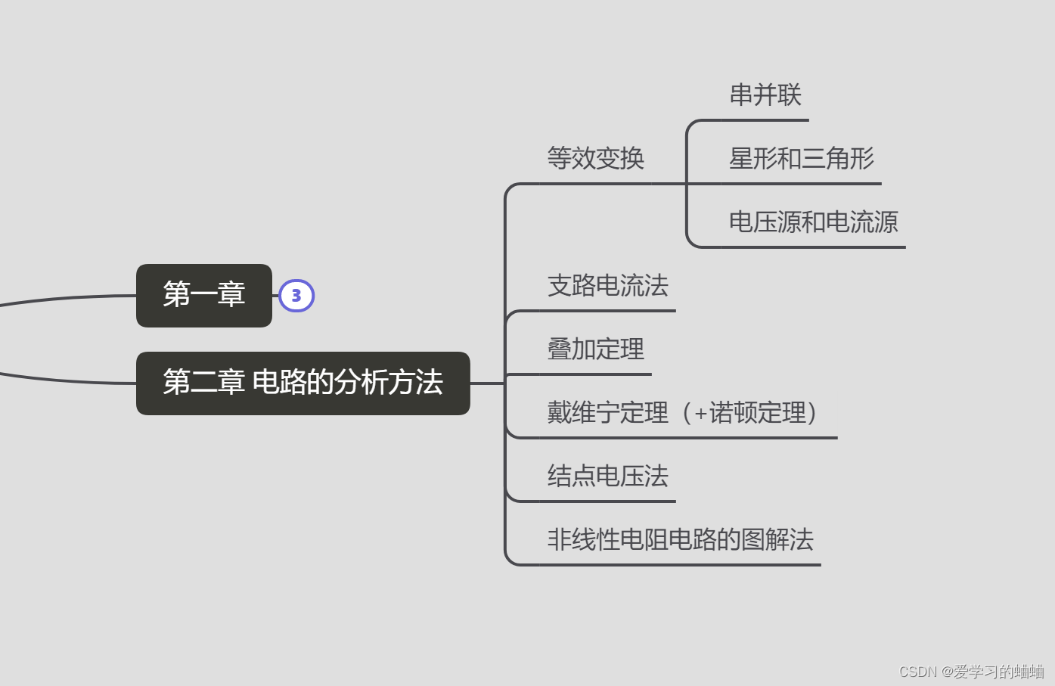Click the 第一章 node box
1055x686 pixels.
(x=204, y=295)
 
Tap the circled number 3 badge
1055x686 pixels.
(x=296, y=296)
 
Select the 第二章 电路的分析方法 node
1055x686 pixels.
(x=303, y=383)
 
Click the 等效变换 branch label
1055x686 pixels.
(x=596, y=159)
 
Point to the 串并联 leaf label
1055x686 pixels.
(x=765, y=95)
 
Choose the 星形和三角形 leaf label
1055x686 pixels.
(x=802, y=159)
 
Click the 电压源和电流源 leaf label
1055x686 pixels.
(x=813, y=222)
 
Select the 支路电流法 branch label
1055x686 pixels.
(x=608, y=286)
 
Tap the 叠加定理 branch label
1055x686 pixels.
(x=596, y=349)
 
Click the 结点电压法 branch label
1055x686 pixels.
(x=608, y=476)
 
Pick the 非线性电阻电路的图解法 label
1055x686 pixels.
(x=681, y=540)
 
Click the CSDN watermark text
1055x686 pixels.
(x=971, y=672)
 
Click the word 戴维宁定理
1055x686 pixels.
(x=608, y=413)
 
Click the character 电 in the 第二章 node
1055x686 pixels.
(x=265, y=383)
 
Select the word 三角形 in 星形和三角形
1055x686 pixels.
(x=838, y=159)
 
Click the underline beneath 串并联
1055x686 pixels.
(x=765, y=120)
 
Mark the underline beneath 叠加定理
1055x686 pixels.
(x=596, y=374)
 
